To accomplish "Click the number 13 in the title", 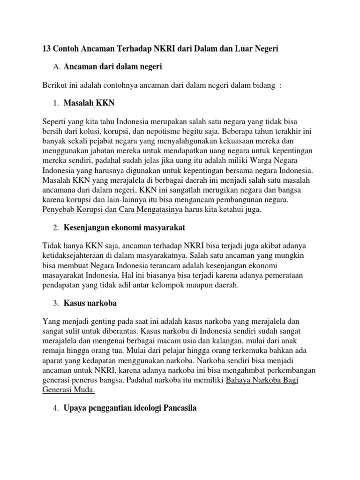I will [47, 49].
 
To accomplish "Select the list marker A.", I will [57, 67].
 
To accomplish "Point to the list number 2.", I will [56, 228].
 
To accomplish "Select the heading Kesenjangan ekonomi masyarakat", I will [125, 228].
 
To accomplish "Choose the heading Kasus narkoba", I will [90, 303].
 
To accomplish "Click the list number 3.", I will [56, 303].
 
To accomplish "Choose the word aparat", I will [53, 360].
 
